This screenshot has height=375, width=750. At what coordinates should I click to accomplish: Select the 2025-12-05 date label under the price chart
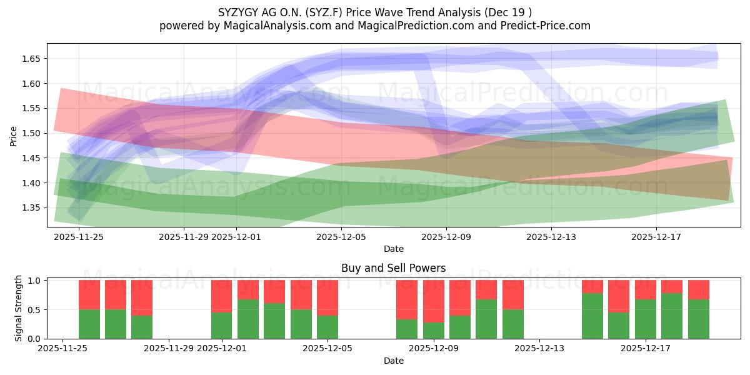341,237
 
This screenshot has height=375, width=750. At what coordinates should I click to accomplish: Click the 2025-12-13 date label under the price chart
551,237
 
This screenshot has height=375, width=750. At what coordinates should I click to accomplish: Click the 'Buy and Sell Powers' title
393,268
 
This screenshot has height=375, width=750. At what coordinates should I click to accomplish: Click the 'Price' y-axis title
13,136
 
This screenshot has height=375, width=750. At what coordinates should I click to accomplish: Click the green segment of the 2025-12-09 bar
434,331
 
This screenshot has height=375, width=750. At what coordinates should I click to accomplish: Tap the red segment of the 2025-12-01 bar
222,296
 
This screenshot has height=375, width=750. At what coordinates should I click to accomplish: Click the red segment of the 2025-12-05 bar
327,297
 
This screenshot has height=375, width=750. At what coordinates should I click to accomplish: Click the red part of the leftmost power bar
89,295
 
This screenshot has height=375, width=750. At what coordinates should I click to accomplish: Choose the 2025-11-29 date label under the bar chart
169,349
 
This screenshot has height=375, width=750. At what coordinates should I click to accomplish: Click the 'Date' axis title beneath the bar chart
393,361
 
